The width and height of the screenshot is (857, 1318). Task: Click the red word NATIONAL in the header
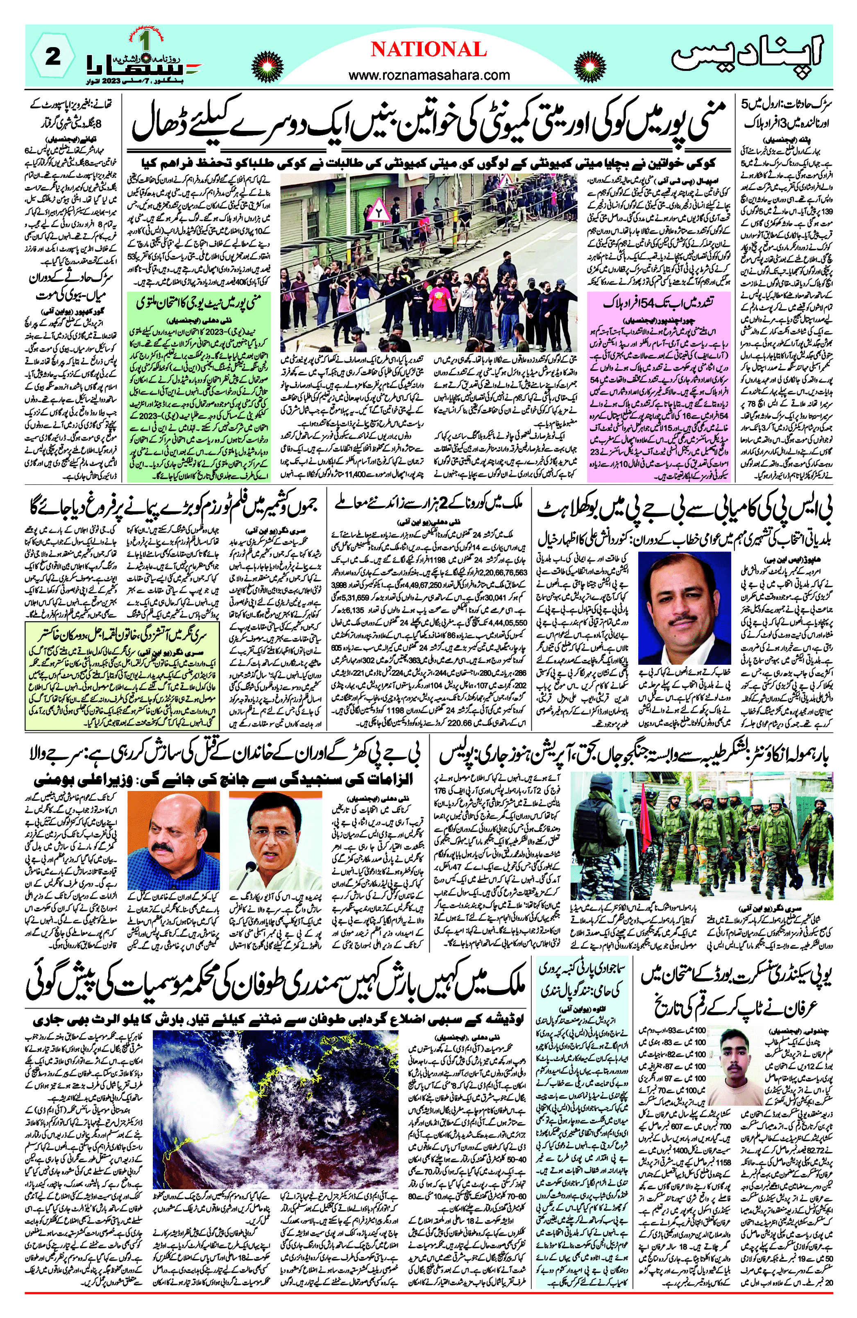[x=428, y=50]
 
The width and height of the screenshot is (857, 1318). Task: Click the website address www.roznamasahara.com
[x=429, y=75]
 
